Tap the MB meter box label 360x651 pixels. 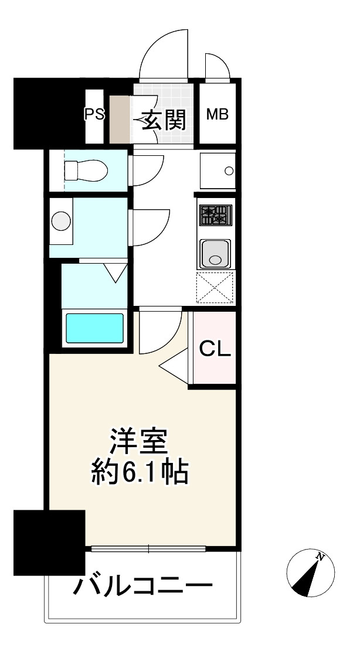217,114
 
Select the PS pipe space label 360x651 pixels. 94,114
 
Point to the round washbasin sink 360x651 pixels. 61,221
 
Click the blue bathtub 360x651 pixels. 94,329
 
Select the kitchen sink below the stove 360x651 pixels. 215,254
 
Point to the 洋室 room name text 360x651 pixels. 140,443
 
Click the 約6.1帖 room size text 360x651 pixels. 140,472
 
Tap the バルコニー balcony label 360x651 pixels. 142,585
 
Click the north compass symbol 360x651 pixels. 310,574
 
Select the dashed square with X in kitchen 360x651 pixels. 215,288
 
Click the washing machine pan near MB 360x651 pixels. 218,171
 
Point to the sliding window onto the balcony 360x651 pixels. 148,549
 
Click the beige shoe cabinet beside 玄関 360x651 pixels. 121,119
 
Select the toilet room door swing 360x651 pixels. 147,171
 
